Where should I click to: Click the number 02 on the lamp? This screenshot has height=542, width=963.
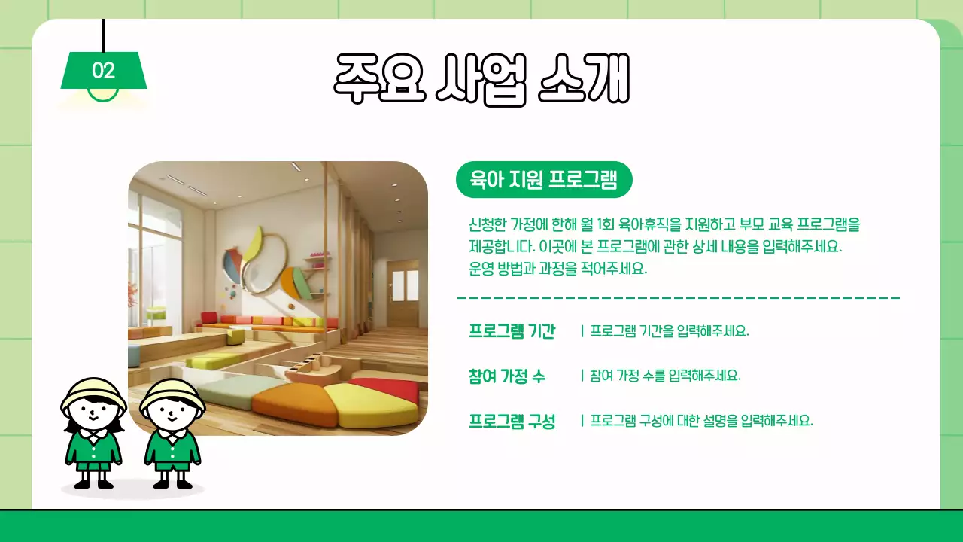coord(103,71)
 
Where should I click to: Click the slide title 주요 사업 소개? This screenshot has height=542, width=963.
coord(481,79)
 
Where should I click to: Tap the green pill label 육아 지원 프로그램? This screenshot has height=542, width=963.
coord(543,180)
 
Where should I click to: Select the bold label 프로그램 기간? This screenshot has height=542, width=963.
coord(512,331)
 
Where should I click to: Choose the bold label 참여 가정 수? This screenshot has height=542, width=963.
coord(506,376)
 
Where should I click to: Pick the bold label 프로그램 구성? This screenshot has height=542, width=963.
coord(512,421)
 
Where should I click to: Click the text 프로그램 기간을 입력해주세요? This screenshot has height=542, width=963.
coord(670,331)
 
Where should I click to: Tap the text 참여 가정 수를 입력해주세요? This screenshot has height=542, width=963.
coord(665,376)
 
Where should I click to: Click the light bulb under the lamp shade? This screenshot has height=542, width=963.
coord(103,96)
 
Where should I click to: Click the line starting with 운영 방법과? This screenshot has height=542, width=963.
coord(557,269)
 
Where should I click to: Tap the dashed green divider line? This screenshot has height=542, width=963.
coord(678,298)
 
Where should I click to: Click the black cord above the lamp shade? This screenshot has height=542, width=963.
coord(103,35)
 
